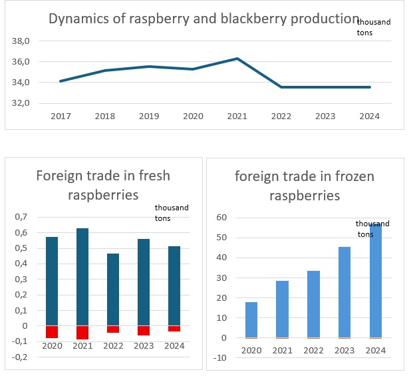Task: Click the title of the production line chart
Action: coord(204,18)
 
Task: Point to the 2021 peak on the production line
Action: coord(237,59)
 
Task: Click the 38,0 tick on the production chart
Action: coord(21,41)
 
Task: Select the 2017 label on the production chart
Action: coord(61,116)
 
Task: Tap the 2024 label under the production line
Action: coord(369,116)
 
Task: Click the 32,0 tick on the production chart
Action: coord(21,103)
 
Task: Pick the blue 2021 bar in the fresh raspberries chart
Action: coord(83,277)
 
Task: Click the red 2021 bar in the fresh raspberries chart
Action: coord(83,333)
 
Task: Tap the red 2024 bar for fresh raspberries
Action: coord(174,328)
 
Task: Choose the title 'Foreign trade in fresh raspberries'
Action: coord(103,185)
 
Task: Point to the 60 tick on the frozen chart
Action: coord(223,218)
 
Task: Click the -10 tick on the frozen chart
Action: coord(221,358)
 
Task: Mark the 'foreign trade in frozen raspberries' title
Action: coord(305,186)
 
